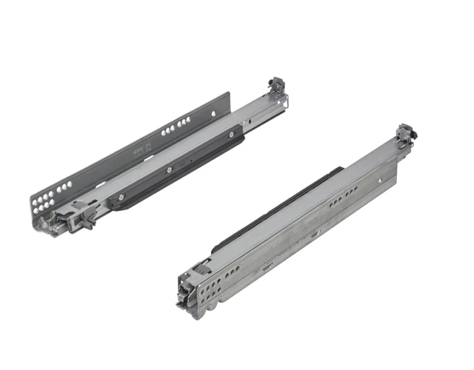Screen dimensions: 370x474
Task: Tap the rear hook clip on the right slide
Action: [407, 134]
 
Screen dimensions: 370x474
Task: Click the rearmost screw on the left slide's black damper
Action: [232, 135]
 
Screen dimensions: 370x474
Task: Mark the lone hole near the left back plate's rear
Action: [213, 113]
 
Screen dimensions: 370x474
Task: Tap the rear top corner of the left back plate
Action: [229, 94]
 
